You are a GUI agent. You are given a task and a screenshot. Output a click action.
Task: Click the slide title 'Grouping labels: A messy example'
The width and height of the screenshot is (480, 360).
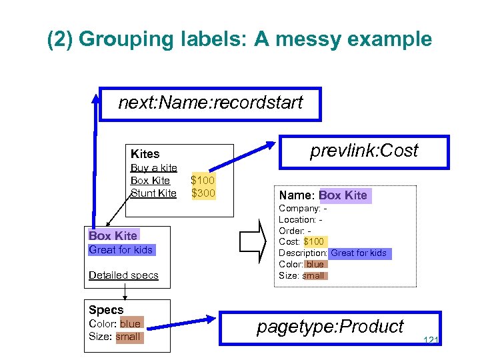click(239, 39)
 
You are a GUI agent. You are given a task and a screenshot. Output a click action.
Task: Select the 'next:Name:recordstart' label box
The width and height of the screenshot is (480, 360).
click(210, 103)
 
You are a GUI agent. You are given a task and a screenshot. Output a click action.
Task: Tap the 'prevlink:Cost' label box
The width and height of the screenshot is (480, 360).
click(364, 151)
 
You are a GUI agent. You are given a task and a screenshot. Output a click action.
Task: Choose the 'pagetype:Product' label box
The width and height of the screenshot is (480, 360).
click(330, 327)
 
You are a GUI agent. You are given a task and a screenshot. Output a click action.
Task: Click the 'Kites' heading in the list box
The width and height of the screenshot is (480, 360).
click(145, 154)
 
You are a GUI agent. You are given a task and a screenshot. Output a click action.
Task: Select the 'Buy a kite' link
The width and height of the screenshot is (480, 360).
click(153, 168)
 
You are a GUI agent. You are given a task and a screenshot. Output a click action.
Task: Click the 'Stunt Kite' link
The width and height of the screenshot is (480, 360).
click(153, 193)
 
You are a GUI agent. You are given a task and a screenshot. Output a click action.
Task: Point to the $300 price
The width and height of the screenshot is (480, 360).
click(203, 193)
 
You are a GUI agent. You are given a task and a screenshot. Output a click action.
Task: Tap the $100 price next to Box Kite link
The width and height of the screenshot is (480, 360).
click(203, 181)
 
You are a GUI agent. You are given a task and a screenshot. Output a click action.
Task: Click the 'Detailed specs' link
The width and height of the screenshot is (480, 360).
click(123, 275)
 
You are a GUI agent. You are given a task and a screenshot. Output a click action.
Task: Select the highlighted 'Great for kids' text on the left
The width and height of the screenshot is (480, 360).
click(121, 250)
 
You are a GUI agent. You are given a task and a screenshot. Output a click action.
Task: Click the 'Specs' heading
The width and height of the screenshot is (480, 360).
click(106, 310)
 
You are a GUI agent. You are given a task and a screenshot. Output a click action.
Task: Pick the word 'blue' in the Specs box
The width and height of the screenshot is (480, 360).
click(130, 324)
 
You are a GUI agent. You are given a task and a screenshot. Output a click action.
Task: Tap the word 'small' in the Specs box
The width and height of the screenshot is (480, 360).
click(128, 337)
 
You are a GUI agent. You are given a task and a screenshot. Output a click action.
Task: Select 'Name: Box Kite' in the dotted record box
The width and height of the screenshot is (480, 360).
click(323, 195)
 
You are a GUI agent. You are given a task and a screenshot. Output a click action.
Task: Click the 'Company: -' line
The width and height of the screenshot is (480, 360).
click(302, 209)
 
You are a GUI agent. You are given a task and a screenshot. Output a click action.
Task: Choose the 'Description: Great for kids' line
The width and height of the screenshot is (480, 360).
click(333, 253)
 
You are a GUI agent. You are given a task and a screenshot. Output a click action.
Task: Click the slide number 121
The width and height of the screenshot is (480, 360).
click(431, 341)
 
